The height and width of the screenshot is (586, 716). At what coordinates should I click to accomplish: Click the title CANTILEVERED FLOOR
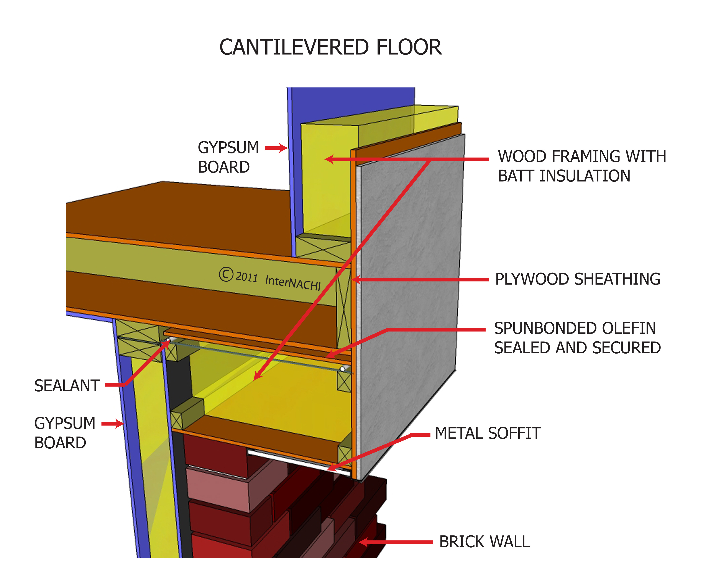330,47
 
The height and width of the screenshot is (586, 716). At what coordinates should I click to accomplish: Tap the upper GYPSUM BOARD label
228,157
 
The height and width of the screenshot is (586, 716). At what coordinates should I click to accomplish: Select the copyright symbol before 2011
226,274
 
